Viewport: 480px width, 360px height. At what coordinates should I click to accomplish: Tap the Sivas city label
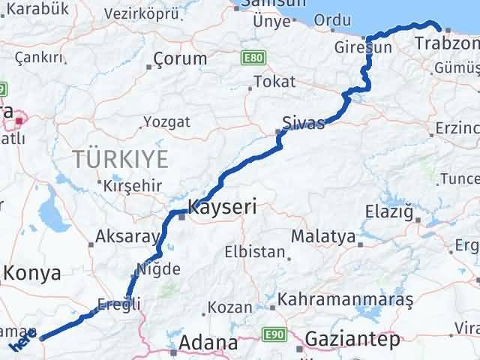[303, 123]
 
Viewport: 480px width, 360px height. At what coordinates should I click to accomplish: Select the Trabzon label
[447, 44]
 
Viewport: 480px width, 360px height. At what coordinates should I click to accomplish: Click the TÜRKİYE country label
[119, 159]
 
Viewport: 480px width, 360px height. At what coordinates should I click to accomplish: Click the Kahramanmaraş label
[345, 300]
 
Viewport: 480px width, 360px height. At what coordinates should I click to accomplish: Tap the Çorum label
[179, 58]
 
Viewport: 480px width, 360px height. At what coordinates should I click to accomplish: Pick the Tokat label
[271, 81]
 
